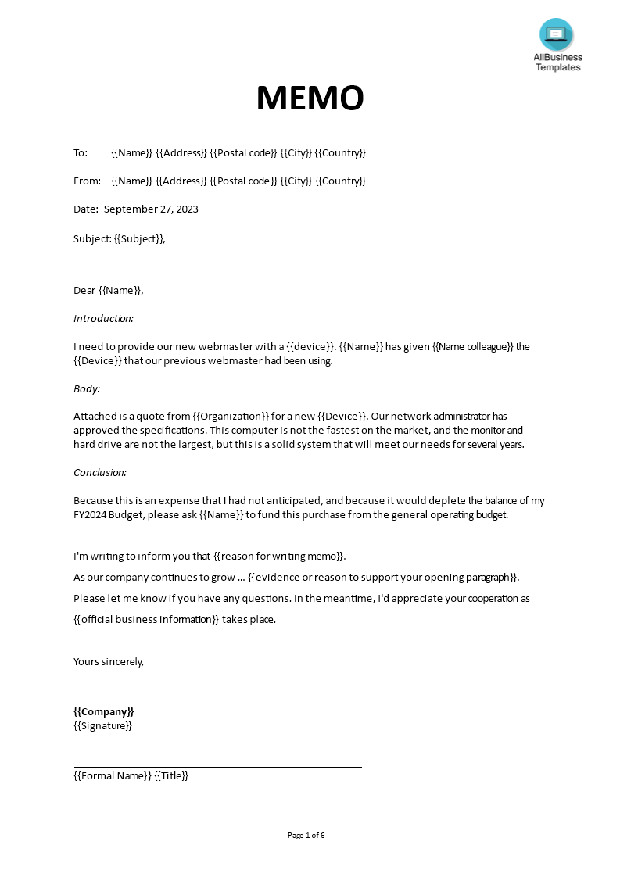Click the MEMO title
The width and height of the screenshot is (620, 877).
click(310, 98)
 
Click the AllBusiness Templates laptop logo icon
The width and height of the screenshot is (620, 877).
click(556, 34)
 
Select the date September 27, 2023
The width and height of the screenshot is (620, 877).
click(151, 209)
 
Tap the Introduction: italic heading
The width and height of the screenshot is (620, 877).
click(103, 318)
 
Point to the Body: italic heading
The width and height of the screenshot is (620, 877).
click(87, 388)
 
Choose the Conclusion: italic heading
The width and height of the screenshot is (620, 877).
click(100, 472)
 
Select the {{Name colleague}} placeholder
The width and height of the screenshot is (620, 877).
click(472, 346)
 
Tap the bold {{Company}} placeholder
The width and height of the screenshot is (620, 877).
click(104, 711)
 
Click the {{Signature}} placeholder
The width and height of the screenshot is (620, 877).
click(102, 725)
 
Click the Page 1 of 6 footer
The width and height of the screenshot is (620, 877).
click(306, 835)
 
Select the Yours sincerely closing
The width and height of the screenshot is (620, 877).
click(109, 661)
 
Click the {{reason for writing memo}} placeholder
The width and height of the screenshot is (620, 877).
click(278, 556)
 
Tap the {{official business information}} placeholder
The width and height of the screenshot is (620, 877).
click(146, 619)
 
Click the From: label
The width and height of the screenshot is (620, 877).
click(87, 181)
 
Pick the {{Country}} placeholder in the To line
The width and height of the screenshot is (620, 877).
click(340, 152)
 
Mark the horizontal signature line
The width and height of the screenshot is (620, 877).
click(217, 767)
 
